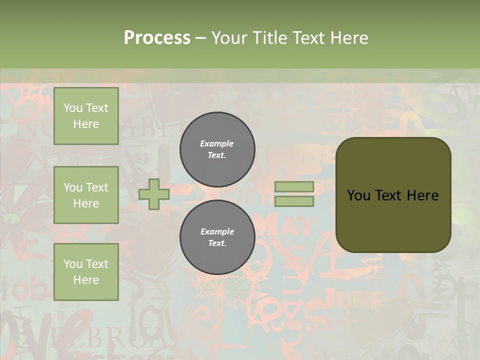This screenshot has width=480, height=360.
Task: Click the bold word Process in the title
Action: [157, 38]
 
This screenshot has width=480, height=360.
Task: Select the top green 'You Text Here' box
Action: [86, 116]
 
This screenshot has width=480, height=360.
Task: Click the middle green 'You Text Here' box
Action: [86, 195]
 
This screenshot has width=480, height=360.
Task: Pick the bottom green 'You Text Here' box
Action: [86, 271]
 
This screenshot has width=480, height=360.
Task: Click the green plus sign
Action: [154, 194]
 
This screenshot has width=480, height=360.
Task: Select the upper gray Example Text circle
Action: [217, 149]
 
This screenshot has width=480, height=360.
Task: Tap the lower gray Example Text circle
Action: [217, 237]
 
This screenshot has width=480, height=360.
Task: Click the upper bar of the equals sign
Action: [294, 186]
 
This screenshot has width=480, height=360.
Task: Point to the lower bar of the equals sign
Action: [294, 201]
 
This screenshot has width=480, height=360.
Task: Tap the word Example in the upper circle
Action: [217, 143]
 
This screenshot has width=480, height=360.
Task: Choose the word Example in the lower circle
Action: [217, 231]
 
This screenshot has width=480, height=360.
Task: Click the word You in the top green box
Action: [72, 108]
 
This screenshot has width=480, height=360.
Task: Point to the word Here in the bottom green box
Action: [86, 280]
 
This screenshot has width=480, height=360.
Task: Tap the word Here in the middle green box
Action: [86, 203]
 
